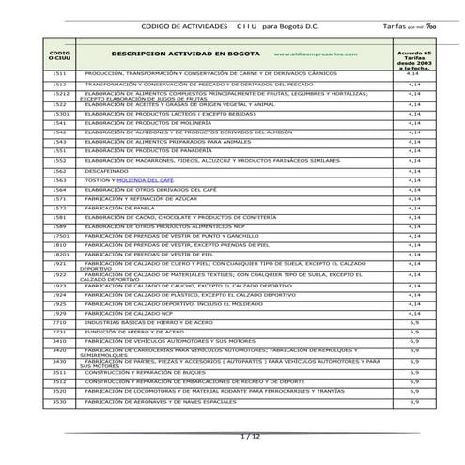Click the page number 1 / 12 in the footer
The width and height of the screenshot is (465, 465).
(x=249, y=436)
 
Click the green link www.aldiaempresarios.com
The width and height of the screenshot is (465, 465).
(x=316, y=54)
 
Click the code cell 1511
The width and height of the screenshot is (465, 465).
(x=59, y=72)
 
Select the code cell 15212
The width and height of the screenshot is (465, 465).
(x=60, y=94)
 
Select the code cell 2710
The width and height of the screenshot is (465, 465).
(x=59, y=322)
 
